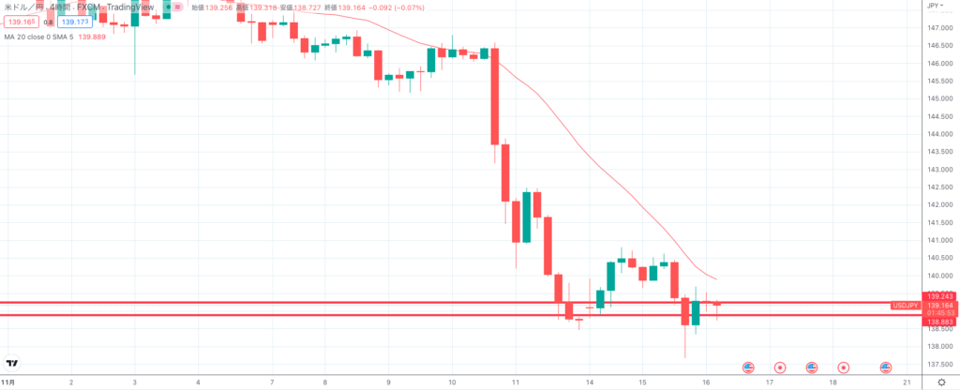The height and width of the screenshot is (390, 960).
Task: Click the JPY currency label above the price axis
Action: (933, 6)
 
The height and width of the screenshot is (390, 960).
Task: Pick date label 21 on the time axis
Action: (907, 382)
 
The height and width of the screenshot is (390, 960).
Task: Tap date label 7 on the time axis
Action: (272, 382)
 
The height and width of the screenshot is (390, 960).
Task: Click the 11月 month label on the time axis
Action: (8, 382)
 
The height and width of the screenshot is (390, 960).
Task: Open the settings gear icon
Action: (941, 382)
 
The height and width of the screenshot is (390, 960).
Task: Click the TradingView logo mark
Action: (13, 363)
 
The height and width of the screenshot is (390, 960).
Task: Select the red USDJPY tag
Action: (905, 306)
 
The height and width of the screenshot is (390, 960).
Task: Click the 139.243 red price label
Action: (938, 297)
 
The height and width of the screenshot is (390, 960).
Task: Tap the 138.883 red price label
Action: (938, 322)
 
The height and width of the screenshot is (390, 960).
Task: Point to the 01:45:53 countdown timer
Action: (938, 313)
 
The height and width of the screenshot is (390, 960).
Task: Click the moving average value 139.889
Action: (92, 37)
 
